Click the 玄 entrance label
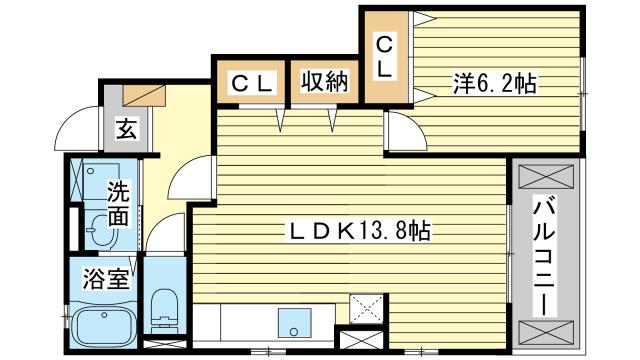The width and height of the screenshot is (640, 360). tap(126, 129)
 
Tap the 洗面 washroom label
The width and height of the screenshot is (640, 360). tap(118, 202)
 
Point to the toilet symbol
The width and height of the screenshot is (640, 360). tap(162, 306)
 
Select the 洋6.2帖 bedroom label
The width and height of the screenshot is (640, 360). tap(493, 84)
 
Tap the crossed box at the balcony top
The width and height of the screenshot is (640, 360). tap(545, 176)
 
